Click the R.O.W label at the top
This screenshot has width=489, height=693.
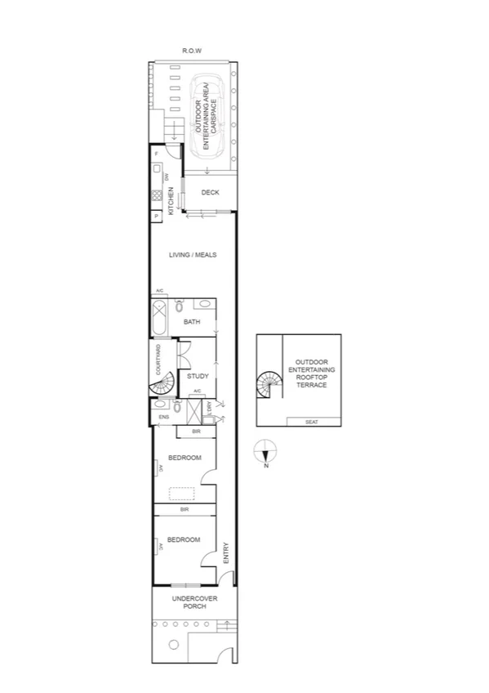192,51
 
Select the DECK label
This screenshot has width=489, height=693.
211,193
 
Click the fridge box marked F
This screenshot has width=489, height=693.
155,154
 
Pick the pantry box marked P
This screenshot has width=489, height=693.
155,216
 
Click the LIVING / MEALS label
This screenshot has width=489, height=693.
192,255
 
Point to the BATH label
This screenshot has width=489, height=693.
192,322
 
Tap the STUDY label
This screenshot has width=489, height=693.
198,376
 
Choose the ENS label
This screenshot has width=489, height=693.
163,418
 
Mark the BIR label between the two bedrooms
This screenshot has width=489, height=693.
184,509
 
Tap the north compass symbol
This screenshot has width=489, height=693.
265,450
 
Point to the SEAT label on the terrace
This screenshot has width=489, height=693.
310,422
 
